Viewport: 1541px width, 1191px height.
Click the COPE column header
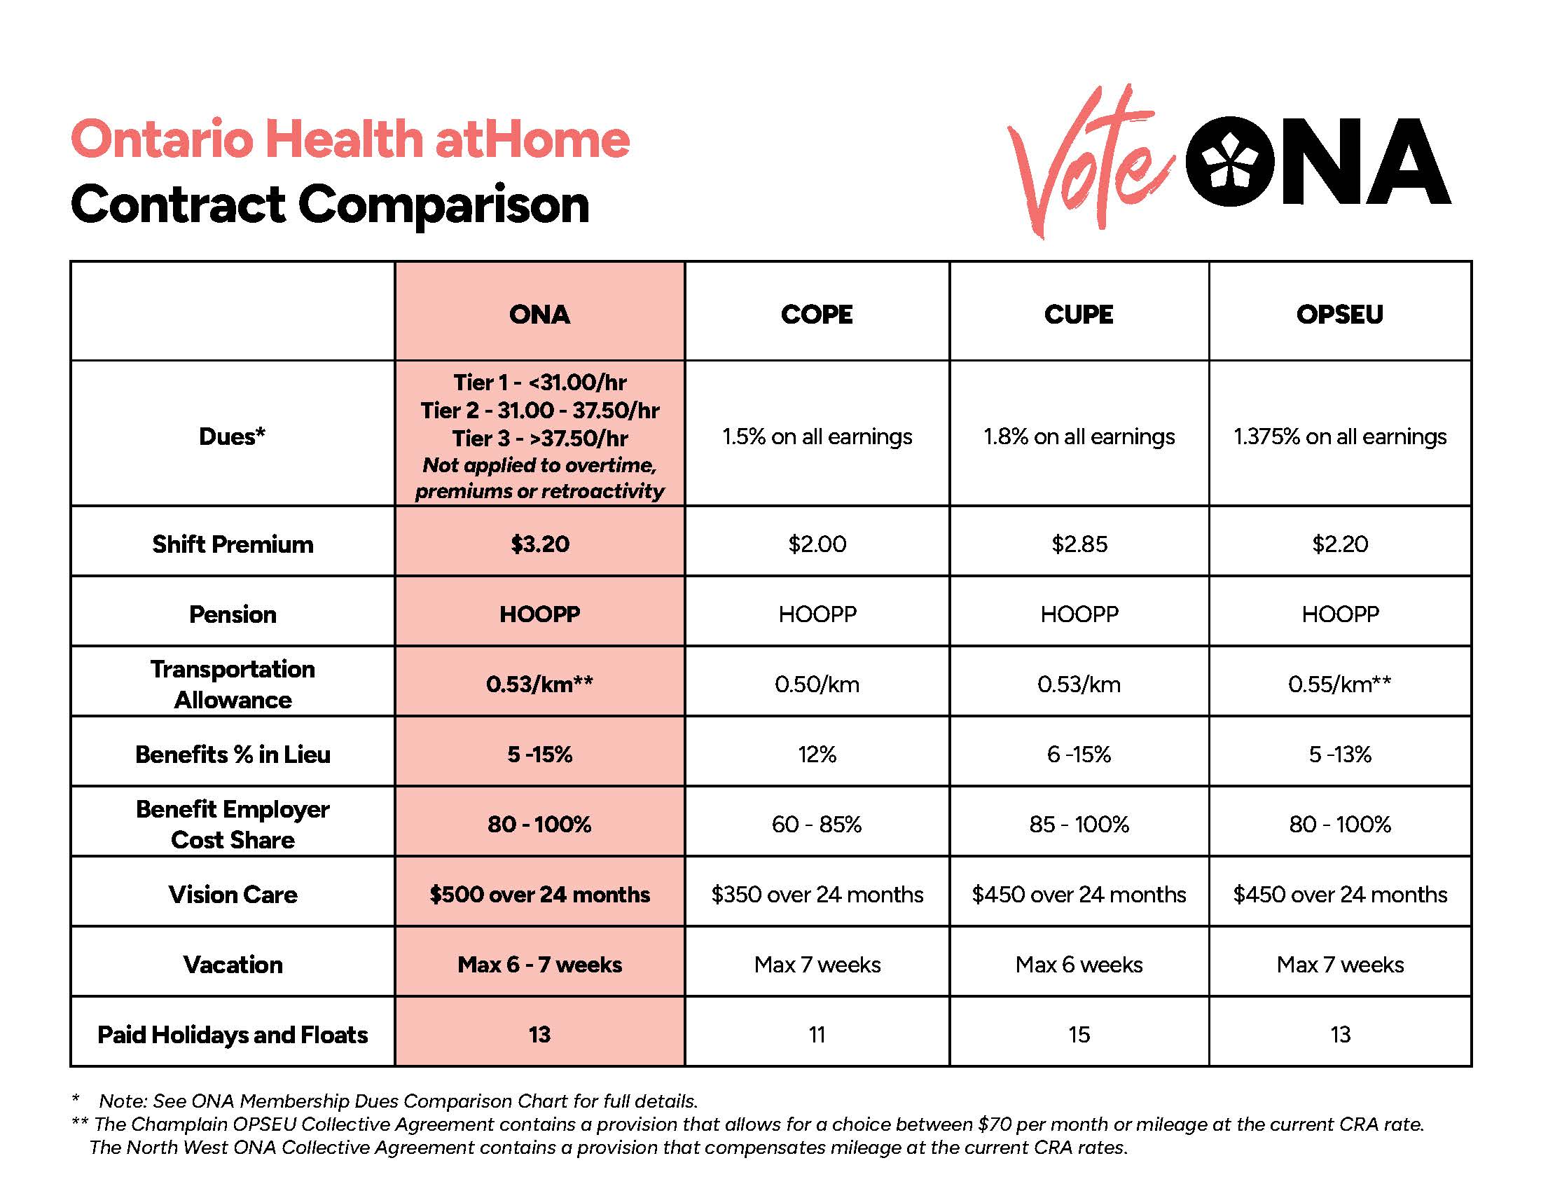tap(816, 314)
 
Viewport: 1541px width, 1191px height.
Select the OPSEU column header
tap(1339, 314)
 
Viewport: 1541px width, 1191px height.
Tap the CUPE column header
tap(1078, 314)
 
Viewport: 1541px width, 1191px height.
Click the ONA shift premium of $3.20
tap(540, 544)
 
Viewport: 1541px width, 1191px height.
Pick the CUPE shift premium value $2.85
tap(1079, 544)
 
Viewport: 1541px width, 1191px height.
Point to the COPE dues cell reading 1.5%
tap(816, 436)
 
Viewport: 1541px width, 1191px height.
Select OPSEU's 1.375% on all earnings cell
tap(1339, 436)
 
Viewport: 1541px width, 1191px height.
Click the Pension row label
tap(232, 614)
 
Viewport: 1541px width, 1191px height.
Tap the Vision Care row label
tap(232, 895)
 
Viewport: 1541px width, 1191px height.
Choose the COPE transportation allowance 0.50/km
tap(816, 684)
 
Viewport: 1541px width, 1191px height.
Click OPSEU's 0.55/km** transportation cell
tap(1339, 684)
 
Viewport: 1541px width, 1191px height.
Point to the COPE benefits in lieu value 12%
tap(816, 755)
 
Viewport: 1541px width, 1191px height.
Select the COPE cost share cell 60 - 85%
tap(816, 824)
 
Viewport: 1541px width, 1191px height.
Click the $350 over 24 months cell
tap(816, 895)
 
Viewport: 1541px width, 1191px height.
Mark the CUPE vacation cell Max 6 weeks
tap(1079, 965)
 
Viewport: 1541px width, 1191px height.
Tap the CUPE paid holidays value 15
tap(1079, 1034)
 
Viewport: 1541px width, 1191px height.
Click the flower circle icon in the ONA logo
tap(1229, 162)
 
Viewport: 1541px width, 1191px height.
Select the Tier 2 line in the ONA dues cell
tap(540, 411)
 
